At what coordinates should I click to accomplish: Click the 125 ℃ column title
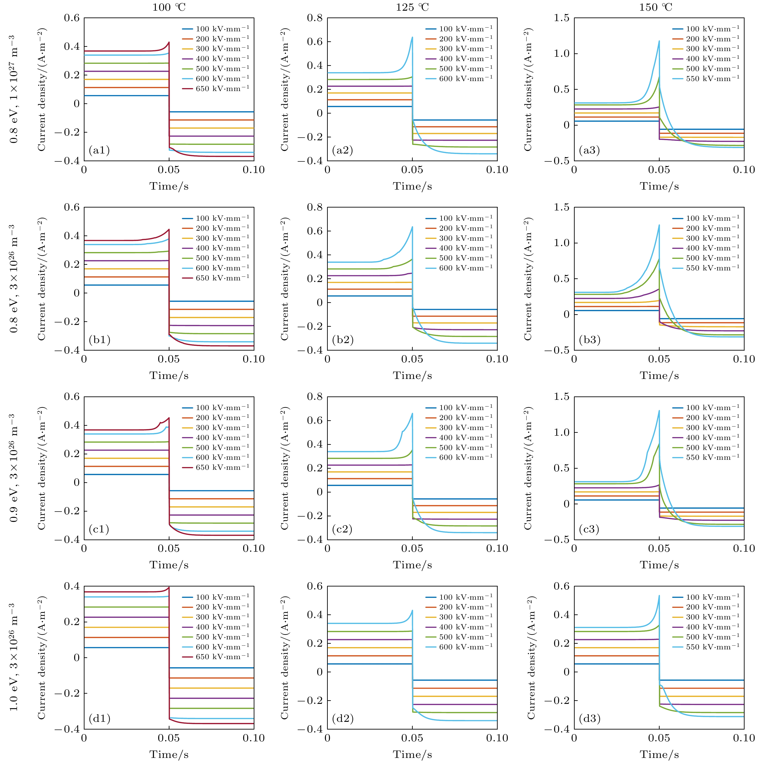coord(412,7)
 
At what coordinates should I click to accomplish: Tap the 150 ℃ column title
coord(656,7)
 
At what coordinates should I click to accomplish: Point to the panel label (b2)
coord(343,340)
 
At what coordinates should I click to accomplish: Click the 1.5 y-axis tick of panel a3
coord(561,18)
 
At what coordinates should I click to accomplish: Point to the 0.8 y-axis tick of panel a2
coord(315,18)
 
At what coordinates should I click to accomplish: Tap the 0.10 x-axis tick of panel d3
coord(743,737)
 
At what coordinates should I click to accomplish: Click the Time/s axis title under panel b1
coord(169,376)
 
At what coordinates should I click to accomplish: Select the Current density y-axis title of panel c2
coord(285,468)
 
